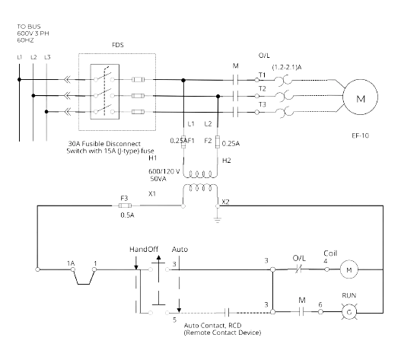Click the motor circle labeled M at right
[x=356, y=97]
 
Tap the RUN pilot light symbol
[x=349, y=311]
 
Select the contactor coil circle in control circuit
[x=349, y=268]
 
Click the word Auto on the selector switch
[x=180, y=250]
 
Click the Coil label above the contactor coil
[x=329, y=253]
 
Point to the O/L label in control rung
[x=298, y=257]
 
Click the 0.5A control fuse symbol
[x=124, y=203]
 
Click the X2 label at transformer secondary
[x=225, y=202]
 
